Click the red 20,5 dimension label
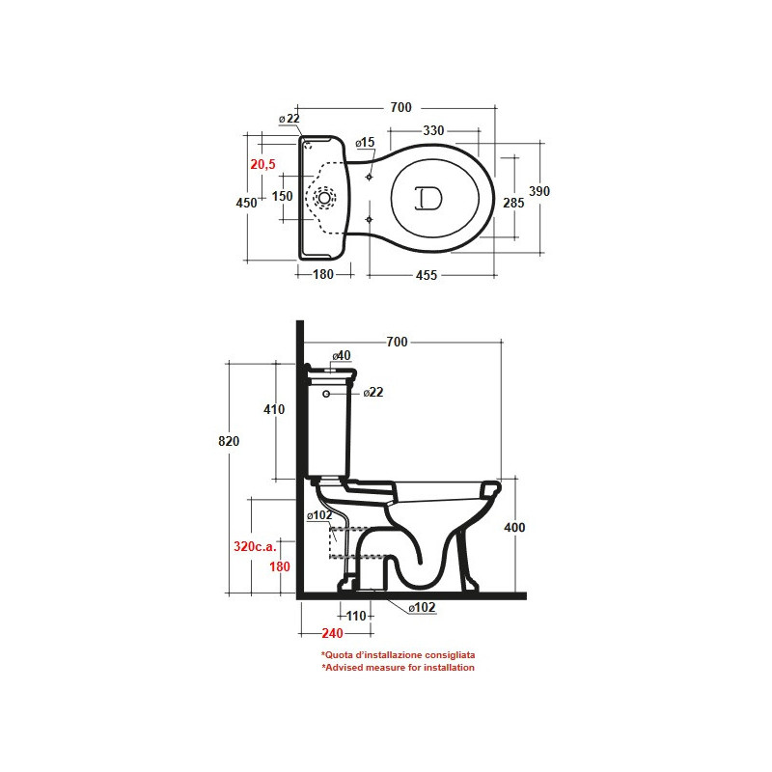pos(262,164)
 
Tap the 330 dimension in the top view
pos(433,130)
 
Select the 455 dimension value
pos(427,275)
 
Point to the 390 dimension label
pos(539,191)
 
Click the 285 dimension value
pos(513,203)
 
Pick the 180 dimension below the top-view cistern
pos(323,274)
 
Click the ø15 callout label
pos(366,142)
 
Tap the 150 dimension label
pos(282,196)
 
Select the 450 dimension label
pos(246,203)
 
